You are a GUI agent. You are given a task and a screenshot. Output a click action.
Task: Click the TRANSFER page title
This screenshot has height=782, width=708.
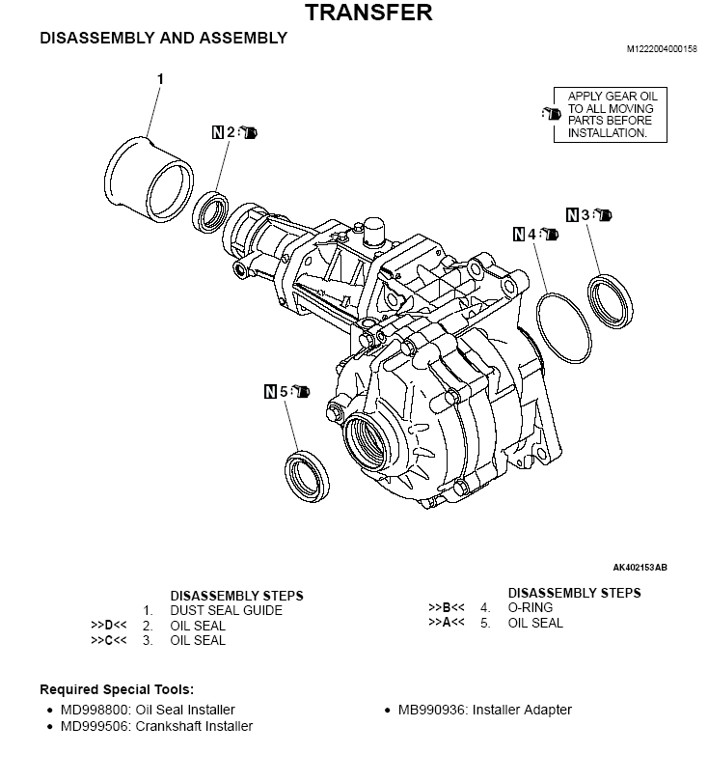[x=368, y=13]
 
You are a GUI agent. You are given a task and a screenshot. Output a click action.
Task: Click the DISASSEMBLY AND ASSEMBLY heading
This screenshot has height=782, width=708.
[x=163, y=39]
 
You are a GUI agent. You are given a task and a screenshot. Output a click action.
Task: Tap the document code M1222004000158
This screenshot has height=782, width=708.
[x=661, y=48]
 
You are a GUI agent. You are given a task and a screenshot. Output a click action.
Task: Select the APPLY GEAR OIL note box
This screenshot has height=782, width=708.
[x=610, y=115]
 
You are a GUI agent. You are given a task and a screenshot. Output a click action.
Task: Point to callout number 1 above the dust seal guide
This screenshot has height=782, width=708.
[x=160, y=78]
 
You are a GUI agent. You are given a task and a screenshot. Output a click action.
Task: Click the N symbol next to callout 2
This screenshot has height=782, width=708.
[x=217, y=131]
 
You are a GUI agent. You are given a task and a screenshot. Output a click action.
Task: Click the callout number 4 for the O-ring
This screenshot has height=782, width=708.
[x=531, y=234]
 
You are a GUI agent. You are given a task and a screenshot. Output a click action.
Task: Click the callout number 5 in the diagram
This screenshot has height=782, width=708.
[x=284, y=392]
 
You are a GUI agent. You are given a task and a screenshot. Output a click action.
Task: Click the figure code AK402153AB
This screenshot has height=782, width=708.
[x=640, y=567]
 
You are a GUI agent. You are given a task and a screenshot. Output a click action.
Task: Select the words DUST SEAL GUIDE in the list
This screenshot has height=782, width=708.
[x=226, y=610]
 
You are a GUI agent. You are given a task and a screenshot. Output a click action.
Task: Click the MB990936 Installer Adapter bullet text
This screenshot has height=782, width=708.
[x=484, y=710]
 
